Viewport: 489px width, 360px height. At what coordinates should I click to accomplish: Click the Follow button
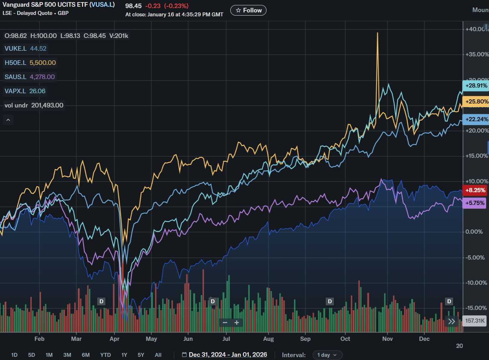tap(248, 10)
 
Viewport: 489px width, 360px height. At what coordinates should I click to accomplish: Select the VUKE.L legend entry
tap(25, 49)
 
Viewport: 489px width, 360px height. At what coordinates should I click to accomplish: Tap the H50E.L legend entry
tap(30, 63)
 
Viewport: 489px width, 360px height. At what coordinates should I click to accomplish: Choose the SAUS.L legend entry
tap(29, 77)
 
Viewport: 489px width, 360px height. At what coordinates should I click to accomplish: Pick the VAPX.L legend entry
tap(25, 91)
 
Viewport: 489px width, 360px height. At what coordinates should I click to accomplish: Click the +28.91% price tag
tap(476, 86)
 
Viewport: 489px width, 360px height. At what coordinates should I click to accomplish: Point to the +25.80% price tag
tap(476, 101)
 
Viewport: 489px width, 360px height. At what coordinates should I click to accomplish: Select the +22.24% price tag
tap(476, 119)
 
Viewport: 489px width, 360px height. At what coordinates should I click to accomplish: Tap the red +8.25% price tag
tap(475, 190)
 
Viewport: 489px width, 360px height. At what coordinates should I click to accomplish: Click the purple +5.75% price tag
tap(474, 203)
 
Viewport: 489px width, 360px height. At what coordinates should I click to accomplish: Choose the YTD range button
tap(105, 355)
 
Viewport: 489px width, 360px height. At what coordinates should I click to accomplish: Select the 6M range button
tap(86, 355)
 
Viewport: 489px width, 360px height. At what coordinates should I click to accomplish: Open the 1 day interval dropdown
tap(327, 355)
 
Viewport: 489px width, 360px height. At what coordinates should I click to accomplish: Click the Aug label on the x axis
tap(269, 339)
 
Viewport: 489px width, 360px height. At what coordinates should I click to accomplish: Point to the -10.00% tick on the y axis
tap(476, 283)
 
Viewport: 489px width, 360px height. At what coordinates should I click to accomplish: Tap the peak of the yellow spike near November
tap(377, 33)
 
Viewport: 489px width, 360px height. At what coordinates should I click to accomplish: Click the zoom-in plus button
tap(237, 322)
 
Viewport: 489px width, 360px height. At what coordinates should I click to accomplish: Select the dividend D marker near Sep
tap(330, 301)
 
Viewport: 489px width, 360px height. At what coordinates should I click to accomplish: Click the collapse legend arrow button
tap(8, 120)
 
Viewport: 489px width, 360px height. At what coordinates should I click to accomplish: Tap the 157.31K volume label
tap(475, 321)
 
